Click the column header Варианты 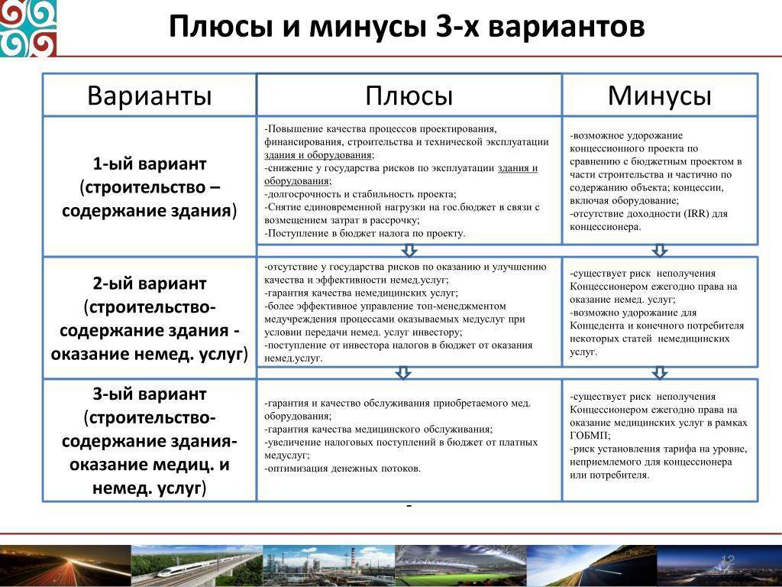(x=150, y=96)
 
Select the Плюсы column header (x=409, y=96)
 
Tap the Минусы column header (x=659, y=96)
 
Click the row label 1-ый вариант (x=150, y=164)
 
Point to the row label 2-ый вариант (x=150, y=284)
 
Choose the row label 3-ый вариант (x=150, y=394)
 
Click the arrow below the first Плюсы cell (x=409, y=250)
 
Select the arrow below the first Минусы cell (x=660, y=250)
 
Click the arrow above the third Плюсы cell (x=403, y=372)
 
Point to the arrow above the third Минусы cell (x=660, y=372)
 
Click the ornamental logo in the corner (x=28, y=28)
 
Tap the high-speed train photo (x=196, y=566)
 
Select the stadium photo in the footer (x=460, y=566)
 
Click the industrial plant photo (x=328, y=566)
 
